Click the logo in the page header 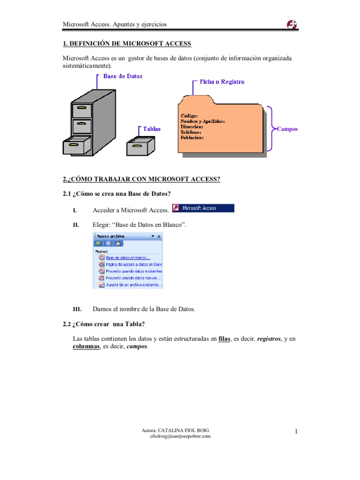(292, 24)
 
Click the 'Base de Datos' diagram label (123, 76)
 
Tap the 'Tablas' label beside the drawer (152, 129)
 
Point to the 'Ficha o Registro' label (222, 82)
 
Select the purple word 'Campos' (287, 129)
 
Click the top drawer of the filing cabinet (82, 110)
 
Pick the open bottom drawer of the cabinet (76, 145)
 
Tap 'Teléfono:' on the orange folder (191, 132)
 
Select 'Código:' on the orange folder (189, 115)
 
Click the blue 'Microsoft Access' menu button (203, 208)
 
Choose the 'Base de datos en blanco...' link (128, 257)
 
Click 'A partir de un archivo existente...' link (134, 285)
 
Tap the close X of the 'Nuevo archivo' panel (158, 236)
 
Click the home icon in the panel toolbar (119, 244)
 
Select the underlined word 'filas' (225, 338)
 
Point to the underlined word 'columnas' (86, 346)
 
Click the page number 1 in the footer (296, 432)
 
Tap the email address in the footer (180, 436)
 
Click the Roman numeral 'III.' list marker (77, 309)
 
